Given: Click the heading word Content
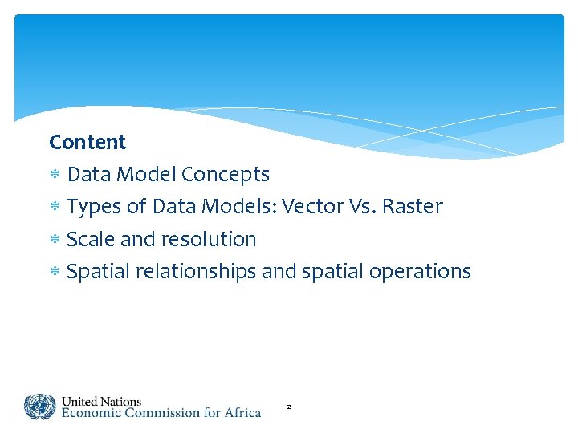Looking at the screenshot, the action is [x=88, y=143].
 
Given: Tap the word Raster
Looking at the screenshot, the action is [x=412, y=207].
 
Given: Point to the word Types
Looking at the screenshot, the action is [x=95, y=208].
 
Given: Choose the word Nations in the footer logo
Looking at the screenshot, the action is [x=120, y=401].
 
